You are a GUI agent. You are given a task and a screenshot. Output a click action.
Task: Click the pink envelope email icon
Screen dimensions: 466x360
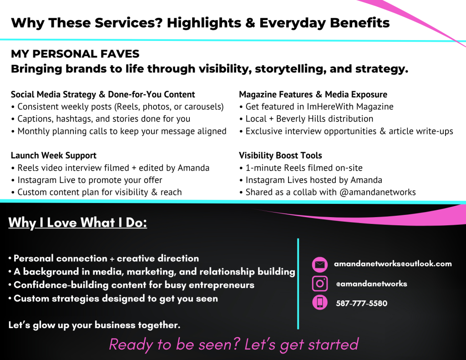tap(320, 264)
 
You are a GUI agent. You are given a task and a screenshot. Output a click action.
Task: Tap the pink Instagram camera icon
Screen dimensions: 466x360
tap(320, 283)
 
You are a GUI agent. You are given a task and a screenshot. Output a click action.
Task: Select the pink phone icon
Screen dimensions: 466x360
tap(320, 303)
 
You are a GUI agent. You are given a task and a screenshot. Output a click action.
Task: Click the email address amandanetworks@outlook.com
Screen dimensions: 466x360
tap(393, 264)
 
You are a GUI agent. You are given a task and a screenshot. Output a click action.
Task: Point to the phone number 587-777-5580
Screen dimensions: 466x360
tap(361, 303)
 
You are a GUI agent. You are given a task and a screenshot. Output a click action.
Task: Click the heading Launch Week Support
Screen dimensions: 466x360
tap(54, 156)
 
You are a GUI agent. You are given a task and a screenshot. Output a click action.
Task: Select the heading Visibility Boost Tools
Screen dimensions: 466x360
tap(280, 156)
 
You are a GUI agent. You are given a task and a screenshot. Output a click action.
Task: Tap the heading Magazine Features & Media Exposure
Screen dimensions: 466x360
tap(313, 95)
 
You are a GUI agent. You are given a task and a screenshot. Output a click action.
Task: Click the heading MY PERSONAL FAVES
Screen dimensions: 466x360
tap(75, 54)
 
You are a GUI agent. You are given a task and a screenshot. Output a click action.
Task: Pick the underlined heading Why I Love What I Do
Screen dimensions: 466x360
tap(77, 223)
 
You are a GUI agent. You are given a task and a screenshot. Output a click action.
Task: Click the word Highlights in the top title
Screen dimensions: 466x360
tap(204, 23)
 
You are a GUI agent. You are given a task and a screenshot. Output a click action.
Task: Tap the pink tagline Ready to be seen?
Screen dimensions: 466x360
tap(174, 345)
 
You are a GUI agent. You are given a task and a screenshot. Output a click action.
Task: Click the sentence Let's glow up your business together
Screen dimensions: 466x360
tap(94, 325)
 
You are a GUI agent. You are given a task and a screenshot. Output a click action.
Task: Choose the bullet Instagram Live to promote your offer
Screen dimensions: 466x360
tap(86, 180)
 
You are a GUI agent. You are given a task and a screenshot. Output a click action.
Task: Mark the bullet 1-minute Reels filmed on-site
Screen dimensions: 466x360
tap(301, 168)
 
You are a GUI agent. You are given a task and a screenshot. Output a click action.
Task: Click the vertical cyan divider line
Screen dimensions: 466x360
tap(298, 284)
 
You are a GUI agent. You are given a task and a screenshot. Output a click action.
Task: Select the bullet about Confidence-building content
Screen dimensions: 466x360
tap(131, 285)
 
